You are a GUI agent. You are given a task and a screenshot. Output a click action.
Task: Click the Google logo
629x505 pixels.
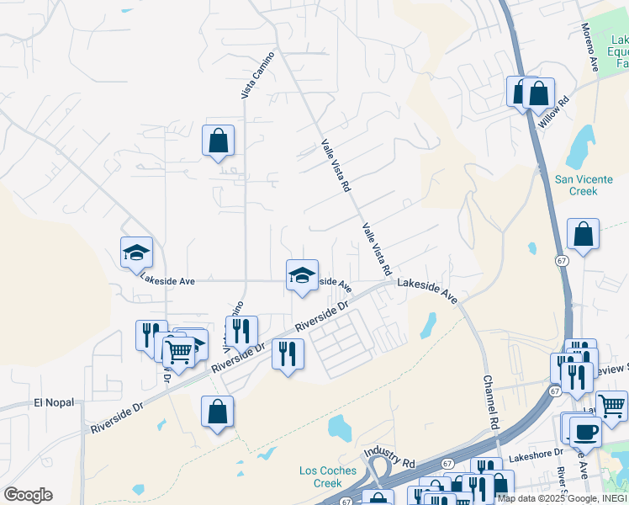point(28,495)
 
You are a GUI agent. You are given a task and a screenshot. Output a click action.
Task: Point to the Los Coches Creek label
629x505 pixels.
point(328,477)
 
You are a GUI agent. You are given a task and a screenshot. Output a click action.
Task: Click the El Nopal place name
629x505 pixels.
point(55,402)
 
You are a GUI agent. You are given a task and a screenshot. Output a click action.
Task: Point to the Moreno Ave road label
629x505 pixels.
point(590,47)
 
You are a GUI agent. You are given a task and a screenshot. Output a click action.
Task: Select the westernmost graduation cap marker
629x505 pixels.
point(136,251)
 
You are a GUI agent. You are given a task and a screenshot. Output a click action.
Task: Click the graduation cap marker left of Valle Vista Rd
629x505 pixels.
point(302,274)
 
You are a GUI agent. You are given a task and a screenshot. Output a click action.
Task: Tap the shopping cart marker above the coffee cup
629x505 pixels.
point(611,405)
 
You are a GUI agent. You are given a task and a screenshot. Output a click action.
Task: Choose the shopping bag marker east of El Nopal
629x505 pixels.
point(217,412)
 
